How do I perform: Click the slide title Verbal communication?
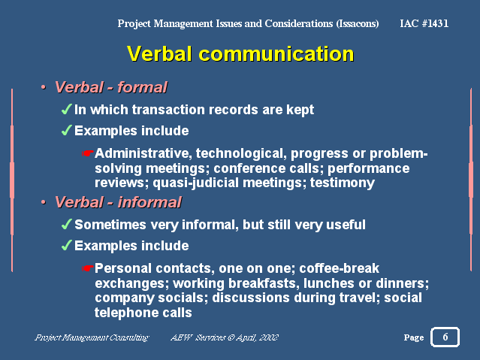(x=240, y=54)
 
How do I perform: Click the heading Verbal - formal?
(x=110, y=88)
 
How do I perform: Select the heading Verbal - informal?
(x=118, y=202)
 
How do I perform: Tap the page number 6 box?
(x=445, y=337)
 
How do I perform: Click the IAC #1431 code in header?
(x=424, y=23)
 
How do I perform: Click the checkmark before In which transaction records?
(x=67, y=110)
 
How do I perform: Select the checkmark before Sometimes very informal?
(x=67, y=225)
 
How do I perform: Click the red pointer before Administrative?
(x=88, y=154)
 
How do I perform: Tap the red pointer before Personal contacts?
(x=88, y=268)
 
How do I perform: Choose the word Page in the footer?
(x=414, y=338)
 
